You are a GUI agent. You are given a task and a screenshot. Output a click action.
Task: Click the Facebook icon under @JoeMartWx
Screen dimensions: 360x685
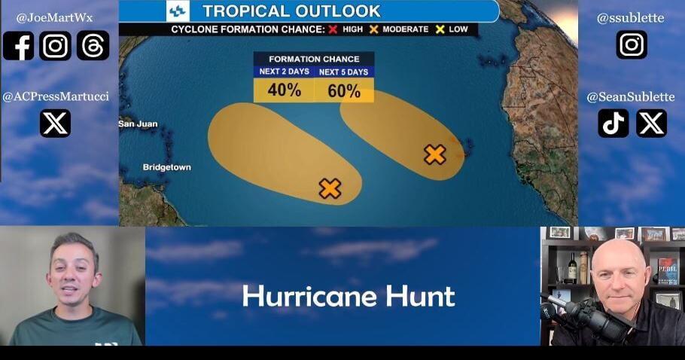point(18,46)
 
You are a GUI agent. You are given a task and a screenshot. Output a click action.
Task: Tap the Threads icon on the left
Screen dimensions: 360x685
point(93,46)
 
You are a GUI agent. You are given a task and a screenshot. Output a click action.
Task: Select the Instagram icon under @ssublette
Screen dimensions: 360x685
point(631,44)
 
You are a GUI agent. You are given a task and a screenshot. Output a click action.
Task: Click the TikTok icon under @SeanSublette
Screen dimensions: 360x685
point(613,124)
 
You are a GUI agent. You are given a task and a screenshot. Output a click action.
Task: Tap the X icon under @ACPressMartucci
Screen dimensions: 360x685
point(55,124)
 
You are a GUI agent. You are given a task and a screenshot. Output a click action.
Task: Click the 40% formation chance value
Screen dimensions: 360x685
point(284,90)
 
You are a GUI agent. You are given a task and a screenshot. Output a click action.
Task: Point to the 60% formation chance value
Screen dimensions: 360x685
point(343,90)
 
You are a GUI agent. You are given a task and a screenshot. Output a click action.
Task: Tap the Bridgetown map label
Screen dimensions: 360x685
point(166,167)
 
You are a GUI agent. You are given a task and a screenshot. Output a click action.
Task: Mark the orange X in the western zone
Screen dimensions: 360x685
point(330,188)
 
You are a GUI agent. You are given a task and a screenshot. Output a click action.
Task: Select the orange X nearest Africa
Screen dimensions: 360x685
point(434,154)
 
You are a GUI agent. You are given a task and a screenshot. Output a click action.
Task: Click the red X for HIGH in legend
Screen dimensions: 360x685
point(331,29)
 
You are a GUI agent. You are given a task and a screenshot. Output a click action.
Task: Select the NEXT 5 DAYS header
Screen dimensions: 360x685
point(343,72)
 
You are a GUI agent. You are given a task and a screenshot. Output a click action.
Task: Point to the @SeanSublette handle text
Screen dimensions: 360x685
point(631,96)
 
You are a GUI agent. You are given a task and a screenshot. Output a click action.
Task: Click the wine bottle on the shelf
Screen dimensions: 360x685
point(572,267)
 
